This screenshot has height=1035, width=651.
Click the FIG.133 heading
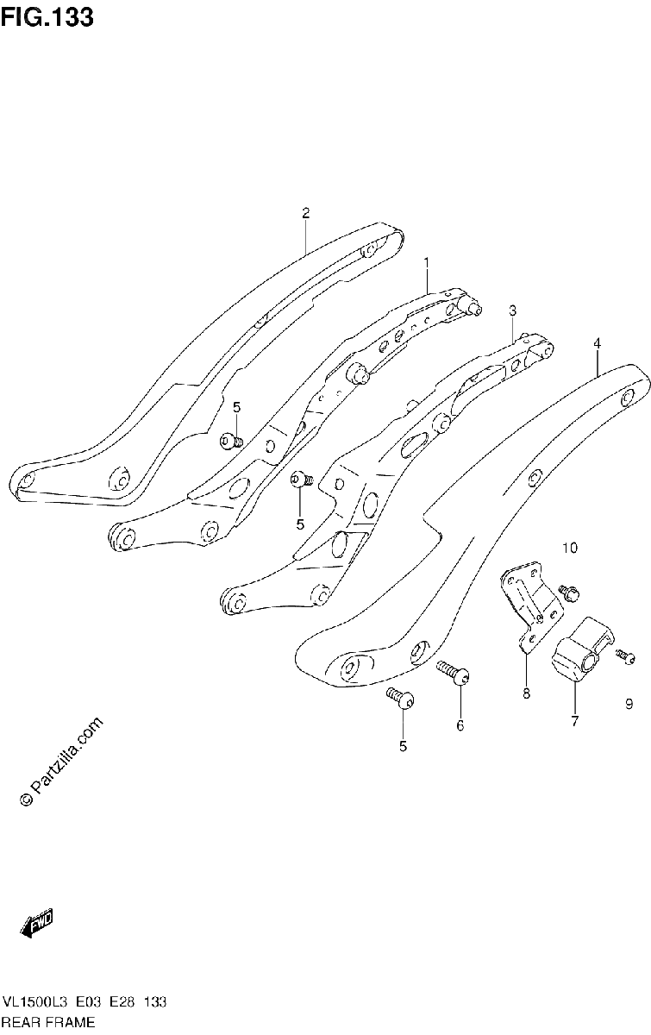pyautogui.click(x=47, y=17)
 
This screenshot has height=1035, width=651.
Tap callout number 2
pyautogui.click(x=305, y=213)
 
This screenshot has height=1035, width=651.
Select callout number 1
pyautogui.click(x=427, y=263)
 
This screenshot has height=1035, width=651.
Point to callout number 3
pyautogui.click(x=512, y=311)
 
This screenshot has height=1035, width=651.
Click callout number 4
pyautogui.click(x=597, y=343)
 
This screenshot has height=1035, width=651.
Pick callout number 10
pyautogui.click(x=570, y=548)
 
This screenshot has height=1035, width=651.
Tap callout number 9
pyautogui.click(x=629, y=704)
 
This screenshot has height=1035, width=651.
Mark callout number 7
pyautogui.click(x=575, y=721)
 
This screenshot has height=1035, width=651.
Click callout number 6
pyautogui.click(x=460, y=726)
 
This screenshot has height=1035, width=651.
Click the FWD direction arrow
pyautogui.click(x=36, y=923)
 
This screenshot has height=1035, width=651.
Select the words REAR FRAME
pyautogui.click(x=48, y=1022)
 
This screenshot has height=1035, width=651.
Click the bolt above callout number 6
pyautogui.click(x=453, y=673)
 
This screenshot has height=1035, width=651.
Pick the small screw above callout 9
pyautogui.click(x=626, y=656)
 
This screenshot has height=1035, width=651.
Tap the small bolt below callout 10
pyautogui.click(x=569, y=593)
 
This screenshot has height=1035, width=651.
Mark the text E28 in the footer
pyautogui.click(x=122, y=1002)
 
